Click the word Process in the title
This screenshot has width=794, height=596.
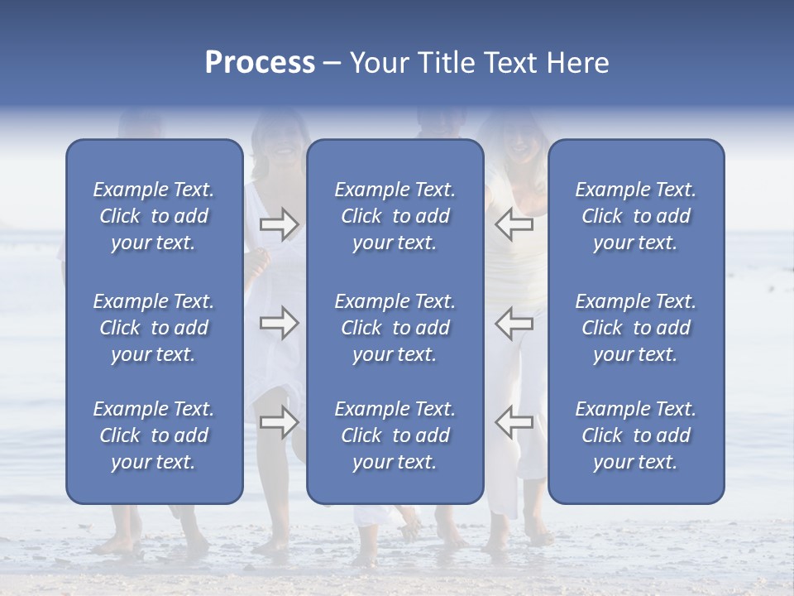[260, 63]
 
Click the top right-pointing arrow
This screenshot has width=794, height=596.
[279, 224]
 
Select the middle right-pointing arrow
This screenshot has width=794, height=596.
[279, 323]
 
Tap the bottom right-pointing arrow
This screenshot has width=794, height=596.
[279, 422]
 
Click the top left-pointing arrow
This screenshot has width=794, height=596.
[514, 224]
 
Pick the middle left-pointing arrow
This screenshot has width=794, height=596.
[514, 323]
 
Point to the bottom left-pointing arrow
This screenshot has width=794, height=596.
[514, 422]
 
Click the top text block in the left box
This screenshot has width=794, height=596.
[154, 216]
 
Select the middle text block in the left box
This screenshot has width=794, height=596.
[154, 328]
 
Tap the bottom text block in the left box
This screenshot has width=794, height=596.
[154, 435]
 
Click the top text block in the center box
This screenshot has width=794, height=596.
[395, 216]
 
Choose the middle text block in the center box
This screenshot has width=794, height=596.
[395, 328]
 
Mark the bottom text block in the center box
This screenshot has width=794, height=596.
[395, 435]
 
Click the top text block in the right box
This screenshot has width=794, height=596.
[635, 216]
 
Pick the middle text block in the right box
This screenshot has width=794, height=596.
[635, 328]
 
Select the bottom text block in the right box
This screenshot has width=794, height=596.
[635, 435]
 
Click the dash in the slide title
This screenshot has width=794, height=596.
[332, 64]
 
